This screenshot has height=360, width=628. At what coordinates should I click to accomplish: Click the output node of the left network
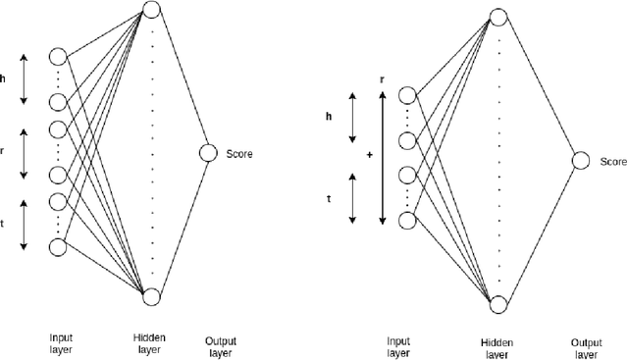pos(207,153)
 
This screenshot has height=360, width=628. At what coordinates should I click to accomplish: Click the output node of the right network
pos(581,160)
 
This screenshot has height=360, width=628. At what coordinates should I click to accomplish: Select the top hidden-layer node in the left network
pos(151,11)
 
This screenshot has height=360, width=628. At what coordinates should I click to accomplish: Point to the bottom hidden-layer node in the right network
pos(498,302)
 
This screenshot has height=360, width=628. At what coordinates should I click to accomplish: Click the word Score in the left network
pos(240,153)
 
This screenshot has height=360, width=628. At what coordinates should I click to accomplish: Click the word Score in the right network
pos(612,161)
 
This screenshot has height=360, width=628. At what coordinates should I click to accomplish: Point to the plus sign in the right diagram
pos(368,155)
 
